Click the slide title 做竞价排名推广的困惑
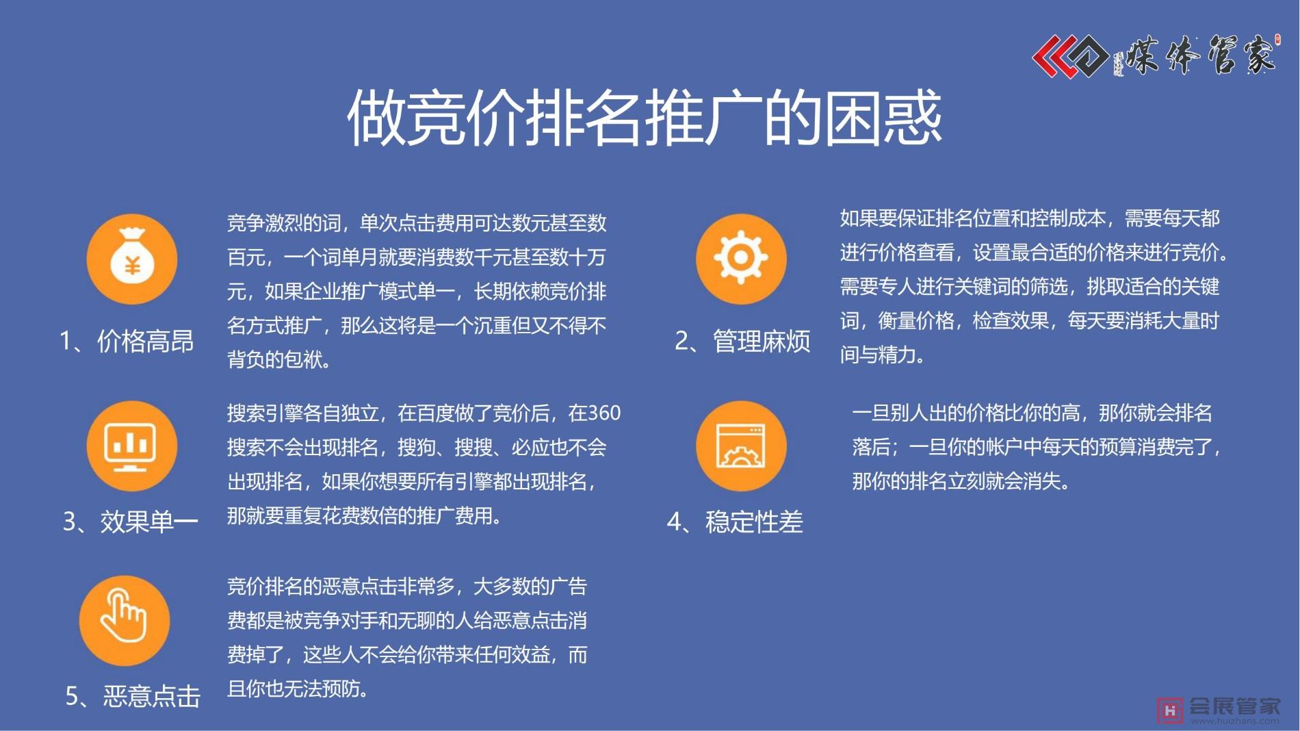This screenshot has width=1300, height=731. tap(645, 118)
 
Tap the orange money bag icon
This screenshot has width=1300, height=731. tap(132, 259)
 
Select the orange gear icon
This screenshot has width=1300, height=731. tap(741, 259)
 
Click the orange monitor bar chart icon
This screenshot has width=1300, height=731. tap(132, 446)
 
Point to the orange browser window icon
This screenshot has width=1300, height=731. tap(741, 446)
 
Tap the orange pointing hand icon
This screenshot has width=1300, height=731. tap(125, 621)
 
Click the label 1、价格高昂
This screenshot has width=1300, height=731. tap(127, 341)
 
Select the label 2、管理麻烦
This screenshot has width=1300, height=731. tap(742, 341)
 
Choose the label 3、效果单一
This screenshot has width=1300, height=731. tap(130, 522)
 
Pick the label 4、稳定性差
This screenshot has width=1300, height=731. tap(735, 522)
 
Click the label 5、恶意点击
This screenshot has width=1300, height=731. tap(133, 696)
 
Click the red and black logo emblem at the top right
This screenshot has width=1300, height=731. tap(1070, 55)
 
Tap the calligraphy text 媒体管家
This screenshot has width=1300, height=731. tap(1200, 55)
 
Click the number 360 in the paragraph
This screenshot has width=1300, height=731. tap(603, 413)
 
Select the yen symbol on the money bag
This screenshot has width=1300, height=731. tap(133, 265)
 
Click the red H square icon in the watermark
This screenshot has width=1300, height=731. tap(1170, 710)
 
